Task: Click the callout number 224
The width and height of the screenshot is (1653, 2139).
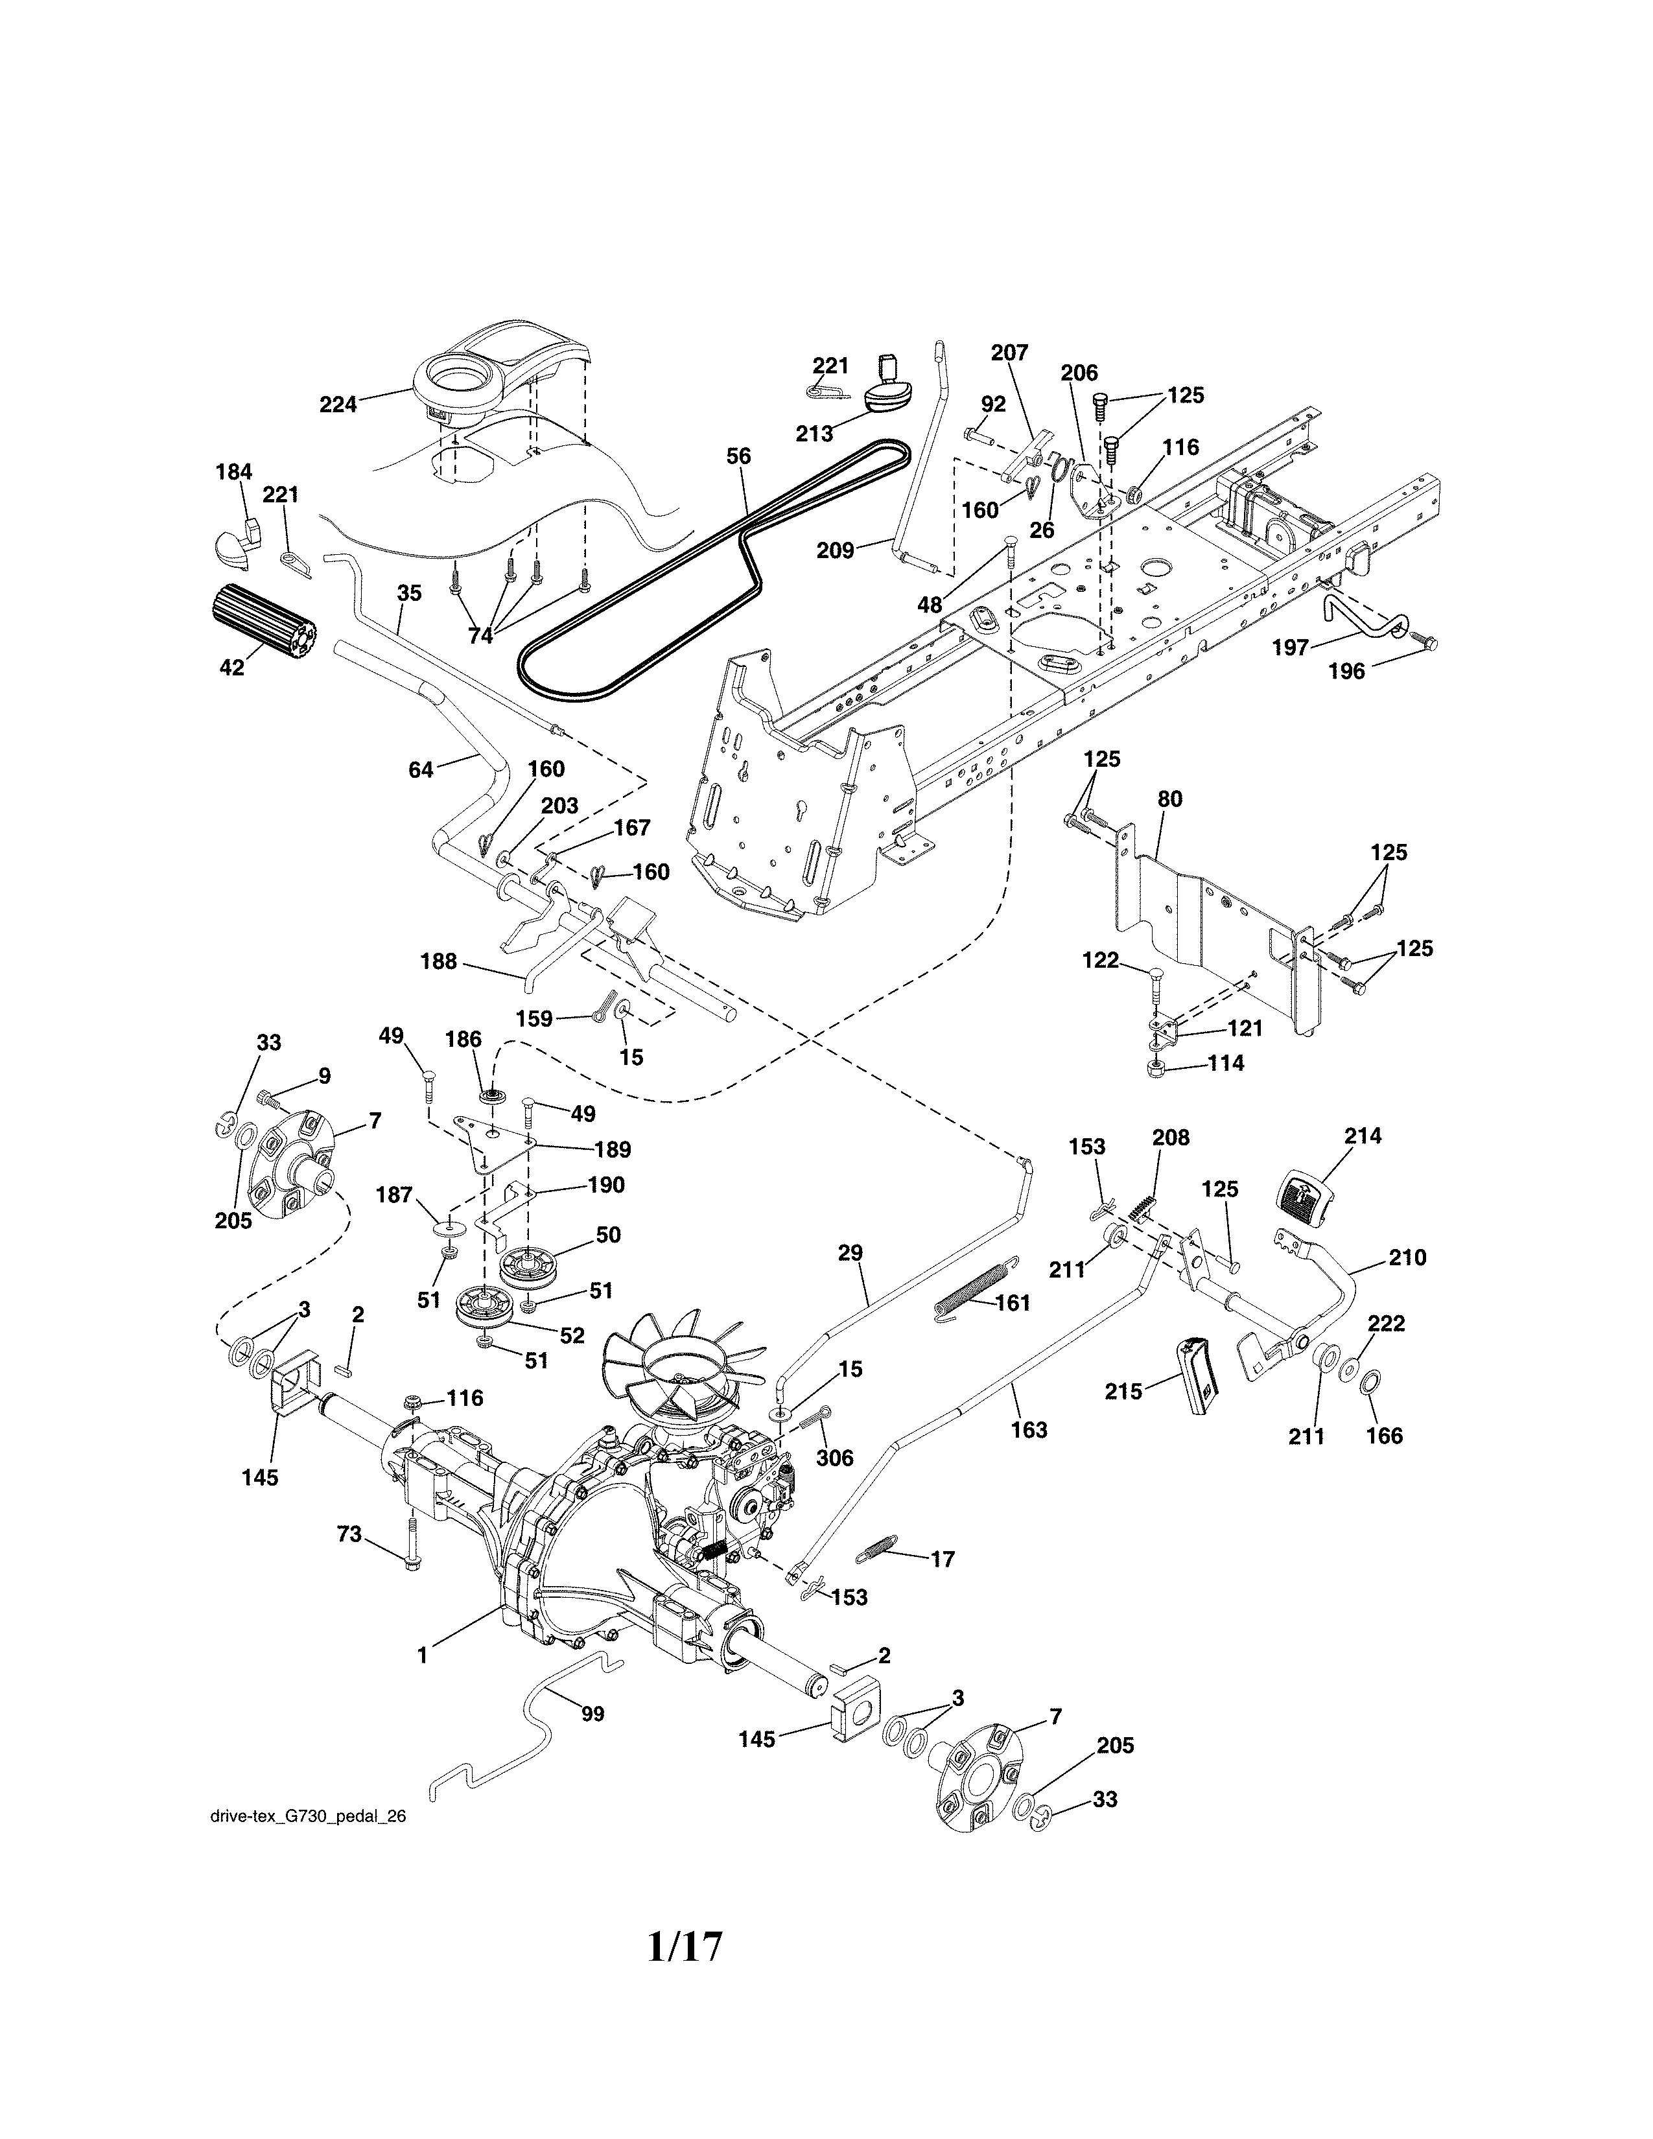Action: point(338,404)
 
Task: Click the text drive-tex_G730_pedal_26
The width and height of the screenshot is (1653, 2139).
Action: point(307,1816)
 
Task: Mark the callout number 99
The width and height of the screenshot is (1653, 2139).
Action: point(592,1714)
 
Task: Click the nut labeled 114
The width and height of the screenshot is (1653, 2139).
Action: point(1156,1064)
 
